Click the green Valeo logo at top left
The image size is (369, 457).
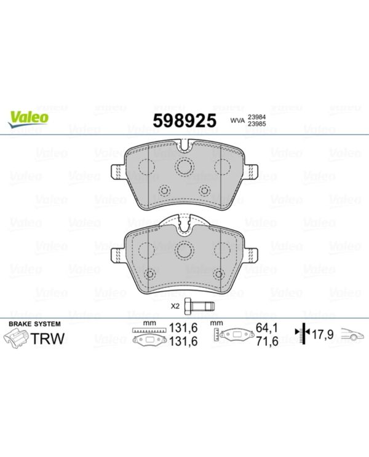pos(28,117)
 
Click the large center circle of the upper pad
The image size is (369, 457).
pos(184,166)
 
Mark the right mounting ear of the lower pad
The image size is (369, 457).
pos(250,254)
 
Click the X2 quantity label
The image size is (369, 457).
pos(174,305)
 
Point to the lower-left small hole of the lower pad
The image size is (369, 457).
pos(149,273)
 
